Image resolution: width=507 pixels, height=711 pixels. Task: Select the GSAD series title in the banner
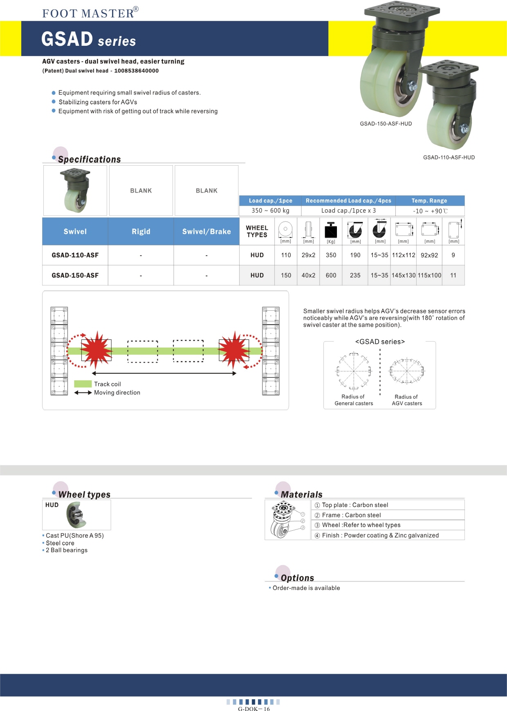88,40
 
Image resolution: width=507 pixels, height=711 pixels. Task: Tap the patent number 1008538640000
136,71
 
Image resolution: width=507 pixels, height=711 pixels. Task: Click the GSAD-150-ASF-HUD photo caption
386,123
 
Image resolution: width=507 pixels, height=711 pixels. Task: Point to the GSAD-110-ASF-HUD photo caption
449,157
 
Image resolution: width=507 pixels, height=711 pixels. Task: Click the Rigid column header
141,231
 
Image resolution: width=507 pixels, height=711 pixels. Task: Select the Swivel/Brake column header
206,231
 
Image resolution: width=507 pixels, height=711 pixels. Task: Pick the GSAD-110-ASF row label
75,255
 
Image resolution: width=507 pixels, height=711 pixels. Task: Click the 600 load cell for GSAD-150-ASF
331,276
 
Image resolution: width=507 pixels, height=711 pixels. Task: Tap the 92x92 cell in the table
429,255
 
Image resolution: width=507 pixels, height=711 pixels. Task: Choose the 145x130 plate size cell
404,276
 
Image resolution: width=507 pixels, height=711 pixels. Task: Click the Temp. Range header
429,201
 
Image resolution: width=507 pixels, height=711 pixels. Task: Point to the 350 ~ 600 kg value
270,211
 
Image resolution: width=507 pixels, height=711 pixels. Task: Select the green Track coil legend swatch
83,384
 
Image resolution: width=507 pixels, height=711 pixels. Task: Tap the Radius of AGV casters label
406,400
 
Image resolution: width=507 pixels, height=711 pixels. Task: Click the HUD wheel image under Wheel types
76,515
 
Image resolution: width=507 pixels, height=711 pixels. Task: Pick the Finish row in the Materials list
380,535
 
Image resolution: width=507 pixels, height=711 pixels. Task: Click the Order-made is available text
306,588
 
